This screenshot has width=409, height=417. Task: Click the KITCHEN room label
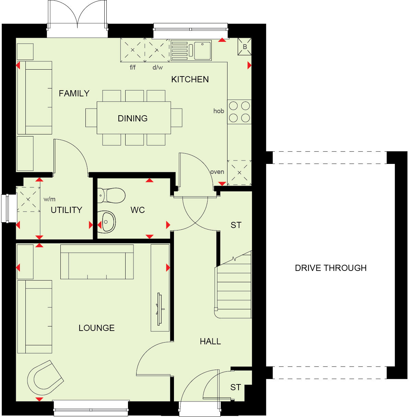(x=190, y=79)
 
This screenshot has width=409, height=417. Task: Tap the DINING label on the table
(x=132, y=118)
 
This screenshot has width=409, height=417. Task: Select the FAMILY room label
(x=74, y=93)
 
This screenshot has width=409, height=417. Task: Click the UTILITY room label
(x=66, y=210)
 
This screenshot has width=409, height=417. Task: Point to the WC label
(x=138, y=210)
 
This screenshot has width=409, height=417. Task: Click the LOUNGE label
(x=96, y=328)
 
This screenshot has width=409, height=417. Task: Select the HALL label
(x=210, y=341)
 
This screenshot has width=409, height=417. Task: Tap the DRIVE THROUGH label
(x=330, y=268)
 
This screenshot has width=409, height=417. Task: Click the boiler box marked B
(x=245, y=47)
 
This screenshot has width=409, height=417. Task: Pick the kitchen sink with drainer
(x=191, y=51)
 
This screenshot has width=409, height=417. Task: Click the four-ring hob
(x=239, y=112)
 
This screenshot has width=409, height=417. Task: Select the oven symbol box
(x=239, y=172)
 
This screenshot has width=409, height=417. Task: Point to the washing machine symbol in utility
(x=28, y=199)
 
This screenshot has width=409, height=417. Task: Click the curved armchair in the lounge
(x=45, y=378)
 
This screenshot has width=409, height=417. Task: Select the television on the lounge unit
(x=160, y=309)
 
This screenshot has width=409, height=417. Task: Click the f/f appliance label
(x=132, y=67)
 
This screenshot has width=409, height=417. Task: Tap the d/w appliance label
(x=157, y=67)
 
